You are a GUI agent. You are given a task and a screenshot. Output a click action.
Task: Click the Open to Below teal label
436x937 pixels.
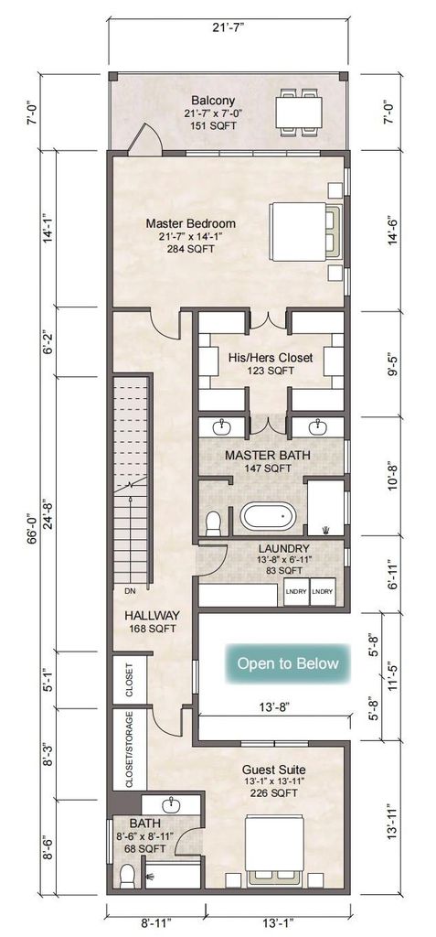[287, 663]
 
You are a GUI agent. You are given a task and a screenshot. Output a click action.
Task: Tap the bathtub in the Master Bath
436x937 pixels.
[268, 515]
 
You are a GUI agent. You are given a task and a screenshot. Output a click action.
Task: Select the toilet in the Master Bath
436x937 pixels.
[213, 523]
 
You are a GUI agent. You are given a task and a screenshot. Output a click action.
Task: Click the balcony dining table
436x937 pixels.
[299, 112]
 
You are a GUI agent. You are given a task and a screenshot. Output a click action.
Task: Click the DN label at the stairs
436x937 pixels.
[131, 592]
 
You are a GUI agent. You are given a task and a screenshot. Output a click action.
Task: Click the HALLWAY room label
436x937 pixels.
[152, 616]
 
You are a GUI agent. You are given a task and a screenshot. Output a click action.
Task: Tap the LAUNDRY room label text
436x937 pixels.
[283, 549]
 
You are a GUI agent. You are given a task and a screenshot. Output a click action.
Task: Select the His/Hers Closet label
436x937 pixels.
[271, 358]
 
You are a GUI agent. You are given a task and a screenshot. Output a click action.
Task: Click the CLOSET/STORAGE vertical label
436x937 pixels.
[129, 749]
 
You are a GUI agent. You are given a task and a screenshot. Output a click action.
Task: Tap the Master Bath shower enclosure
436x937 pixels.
[325, 507]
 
